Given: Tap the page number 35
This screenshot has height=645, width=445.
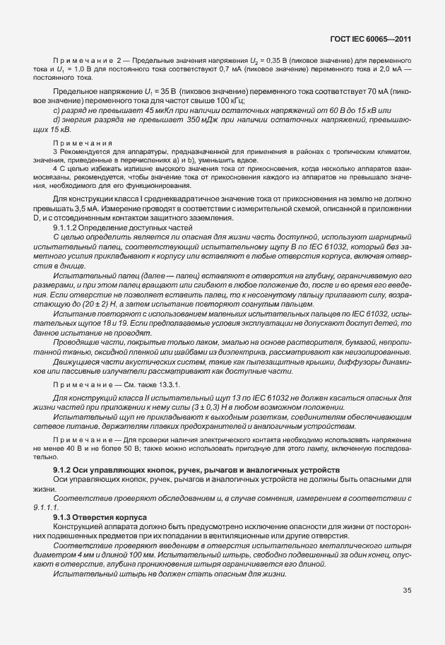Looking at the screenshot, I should pos(407,590).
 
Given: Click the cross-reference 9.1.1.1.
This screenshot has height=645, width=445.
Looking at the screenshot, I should pos(46,507).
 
